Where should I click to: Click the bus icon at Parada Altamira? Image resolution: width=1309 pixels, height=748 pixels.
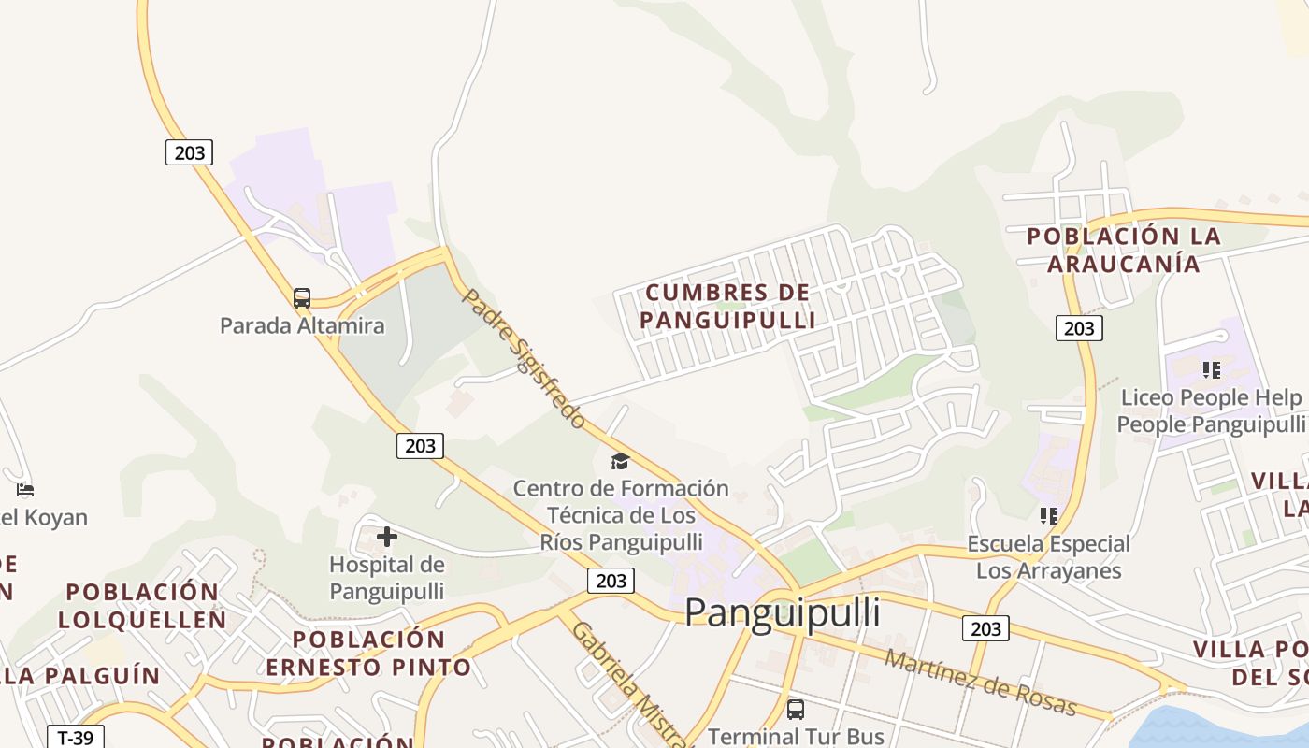[x=302, y=298]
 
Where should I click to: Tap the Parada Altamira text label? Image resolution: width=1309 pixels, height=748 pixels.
[x=302, y=325]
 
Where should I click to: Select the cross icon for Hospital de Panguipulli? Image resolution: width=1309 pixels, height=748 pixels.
[x=387, y=537]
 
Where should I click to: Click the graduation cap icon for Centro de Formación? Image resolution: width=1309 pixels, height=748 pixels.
[x=620, y=461]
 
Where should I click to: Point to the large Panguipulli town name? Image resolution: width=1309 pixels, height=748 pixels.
[x=782, y=612]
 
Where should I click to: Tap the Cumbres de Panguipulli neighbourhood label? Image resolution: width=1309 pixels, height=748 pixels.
[x=727, y=306]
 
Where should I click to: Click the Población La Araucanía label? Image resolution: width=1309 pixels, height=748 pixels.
[x=1123, y=250]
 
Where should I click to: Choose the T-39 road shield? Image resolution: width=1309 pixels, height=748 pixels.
[x=76, y=737]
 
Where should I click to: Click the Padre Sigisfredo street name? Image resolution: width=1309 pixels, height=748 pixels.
[x=525, y=358]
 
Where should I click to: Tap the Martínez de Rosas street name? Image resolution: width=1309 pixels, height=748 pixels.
[x=981, y=683]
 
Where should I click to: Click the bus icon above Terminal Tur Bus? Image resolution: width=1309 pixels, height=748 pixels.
[x=796, y=710]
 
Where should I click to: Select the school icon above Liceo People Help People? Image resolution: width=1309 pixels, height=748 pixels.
[x=1212, y=370]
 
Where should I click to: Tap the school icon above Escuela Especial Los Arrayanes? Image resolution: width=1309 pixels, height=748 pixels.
[x=1049, y=516]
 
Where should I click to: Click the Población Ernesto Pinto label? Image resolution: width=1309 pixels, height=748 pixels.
[x=368, y=653]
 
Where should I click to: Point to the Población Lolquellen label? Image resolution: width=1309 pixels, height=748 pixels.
[x=142, y=605]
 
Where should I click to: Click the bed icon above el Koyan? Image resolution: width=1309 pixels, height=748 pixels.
[x=25, y=490]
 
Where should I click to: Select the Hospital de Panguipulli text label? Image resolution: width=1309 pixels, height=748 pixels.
[x=387, y=578]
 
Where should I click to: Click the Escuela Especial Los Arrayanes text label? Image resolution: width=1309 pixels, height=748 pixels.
[x=1049, y=556]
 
